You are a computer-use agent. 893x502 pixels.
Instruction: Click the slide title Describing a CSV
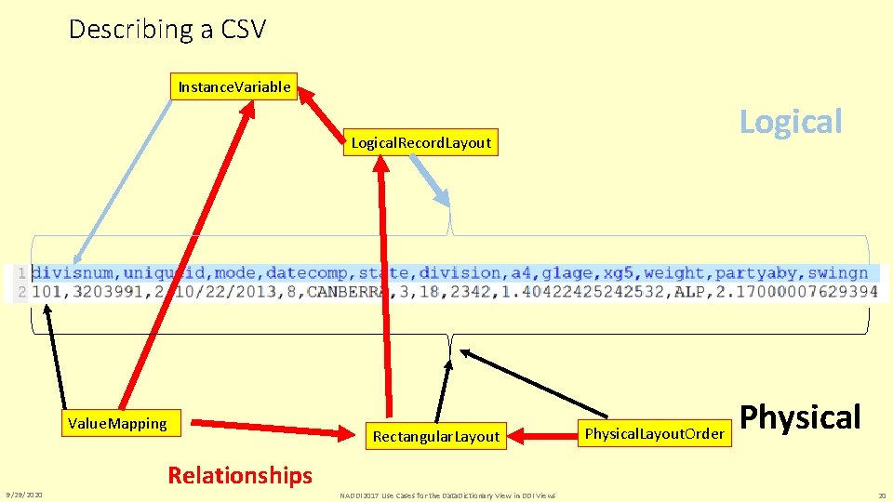point(167,30)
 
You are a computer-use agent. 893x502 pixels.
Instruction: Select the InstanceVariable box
point(234,87)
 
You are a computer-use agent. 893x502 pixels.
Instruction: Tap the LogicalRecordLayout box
point(420,142)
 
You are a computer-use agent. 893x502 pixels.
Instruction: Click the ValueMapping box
point(117,424)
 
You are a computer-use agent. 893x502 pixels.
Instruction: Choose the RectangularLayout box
point(435,436)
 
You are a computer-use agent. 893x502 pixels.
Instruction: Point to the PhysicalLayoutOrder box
point(654,433)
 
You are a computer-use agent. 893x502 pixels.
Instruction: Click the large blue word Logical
point(791,122)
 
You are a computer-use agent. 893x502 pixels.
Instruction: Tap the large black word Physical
point(801,417)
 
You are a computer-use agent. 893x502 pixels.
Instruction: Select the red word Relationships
point(240,476)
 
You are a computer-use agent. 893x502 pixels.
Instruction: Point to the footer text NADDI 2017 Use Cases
point(447,495)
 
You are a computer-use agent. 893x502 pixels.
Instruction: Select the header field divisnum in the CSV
point(73,273)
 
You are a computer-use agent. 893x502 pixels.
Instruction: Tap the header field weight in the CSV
point(675,273)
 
